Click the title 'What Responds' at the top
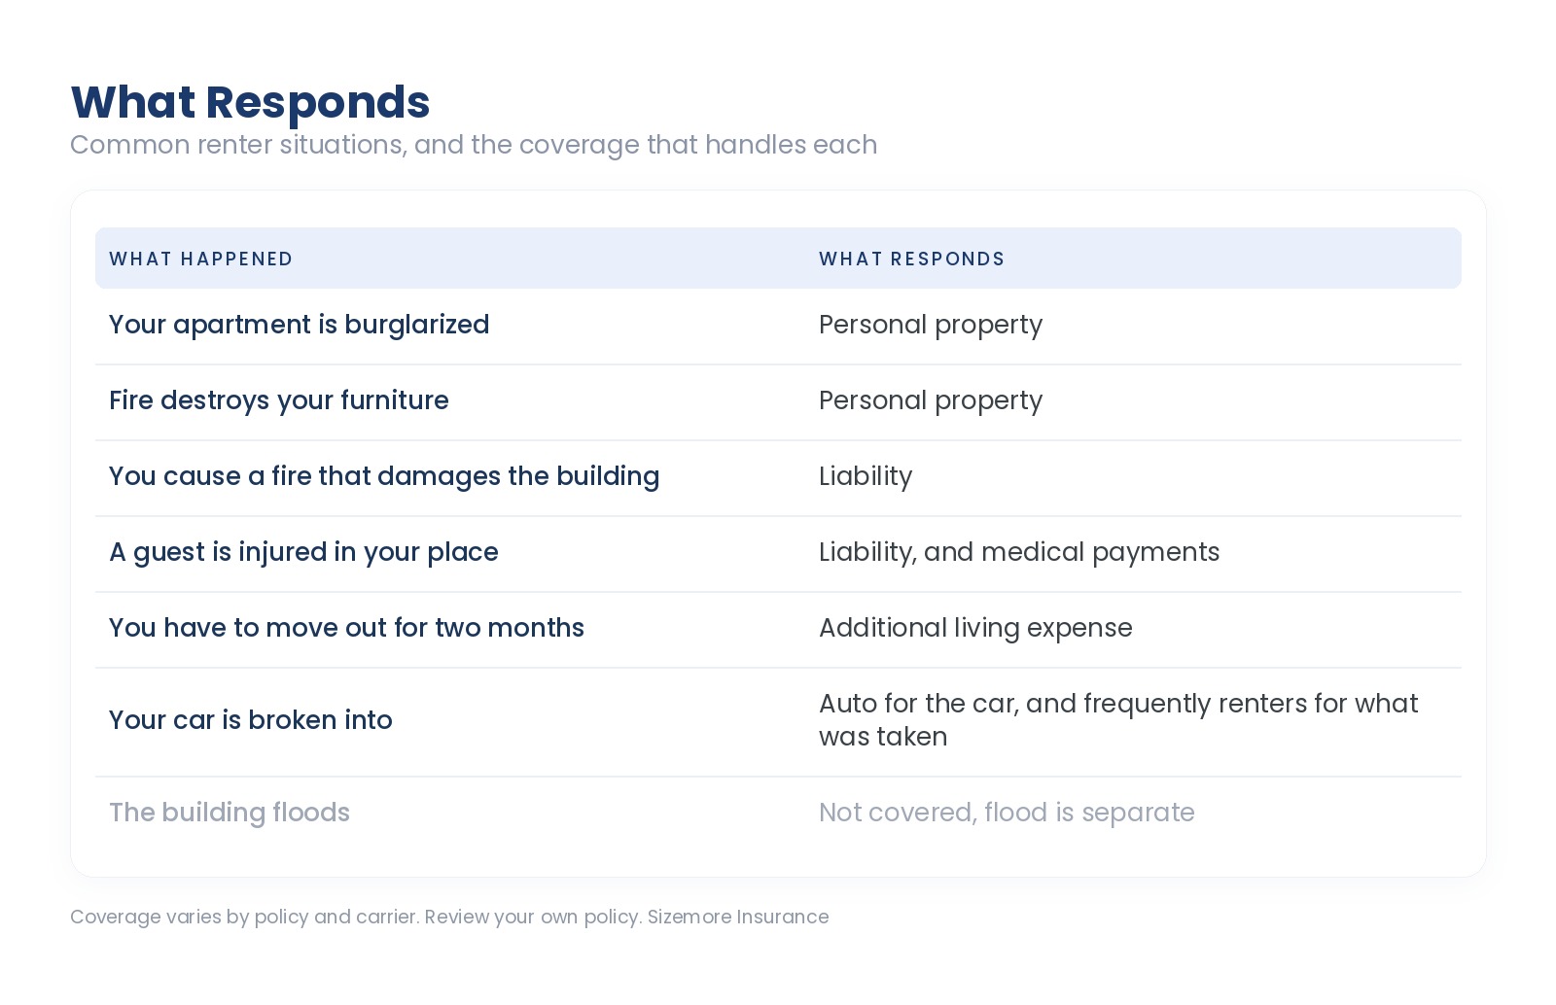coord(250,103)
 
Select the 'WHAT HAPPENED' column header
coord(200,259)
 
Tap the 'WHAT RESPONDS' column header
coord(911,259)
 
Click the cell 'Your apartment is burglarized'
coord(300,325)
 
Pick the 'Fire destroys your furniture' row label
coord(278,400)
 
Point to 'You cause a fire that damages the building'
coord(384,476)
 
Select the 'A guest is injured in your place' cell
coord(303,552)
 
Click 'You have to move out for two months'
coord(346,628)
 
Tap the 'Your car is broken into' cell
coord(251,720)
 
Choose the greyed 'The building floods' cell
coord(230,812)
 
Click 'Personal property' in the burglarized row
coord(931,325)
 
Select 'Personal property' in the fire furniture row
coord(931,400)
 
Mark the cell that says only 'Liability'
coord(866,476)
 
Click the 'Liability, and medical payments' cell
coord(1019,552)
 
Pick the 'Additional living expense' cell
coord(975,628)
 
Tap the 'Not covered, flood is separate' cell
coord(1007,812)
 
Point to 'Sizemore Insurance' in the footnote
coord(738,917)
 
